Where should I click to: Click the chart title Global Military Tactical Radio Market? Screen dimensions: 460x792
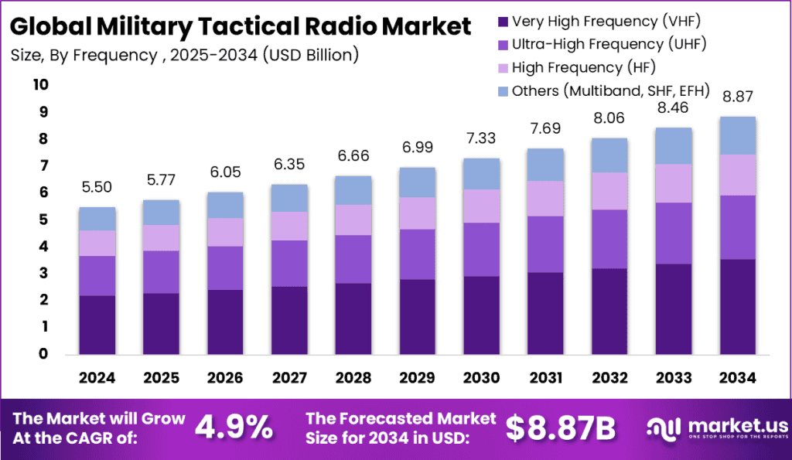(x=241, y=26)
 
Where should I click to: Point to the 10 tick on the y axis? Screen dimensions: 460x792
(x=40, y=84)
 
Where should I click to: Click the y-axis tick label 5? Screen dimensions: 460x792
(x=44, y=220)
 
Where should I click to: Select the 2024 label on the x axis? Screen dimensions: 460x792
(x=97, y=377)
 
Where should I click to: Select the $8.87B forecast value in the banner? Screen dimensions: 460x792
(x=559, y=426)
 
